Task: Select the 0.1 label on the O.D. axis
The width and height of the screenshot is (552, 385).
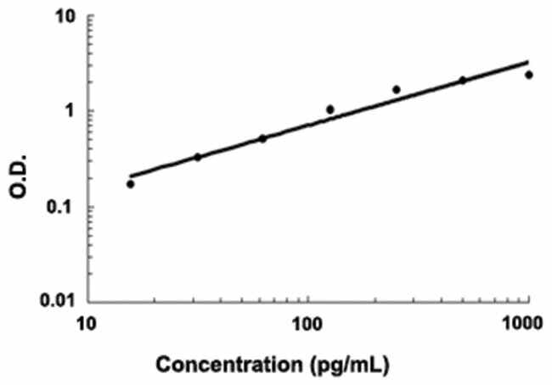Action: click(60, 207)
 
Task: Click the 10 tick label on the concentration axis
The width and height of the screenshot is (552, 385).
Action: click(86, 323)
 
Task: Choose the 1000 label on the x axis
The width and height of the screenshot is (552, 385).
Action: click(524, 323)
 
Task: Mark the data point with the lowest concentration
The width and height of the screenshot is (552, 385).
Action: click(131, 184)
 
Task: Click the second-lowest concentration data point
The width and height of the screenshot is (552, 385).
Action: click(198, 157)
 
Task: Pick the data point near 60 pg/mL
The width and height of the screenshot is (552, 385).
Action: click(262, 138)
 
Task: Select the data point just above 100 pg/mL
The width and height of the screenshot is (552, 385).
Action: click(330, 109)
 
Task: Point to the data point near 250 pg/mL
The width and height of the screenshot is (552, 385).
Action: click(396, 90)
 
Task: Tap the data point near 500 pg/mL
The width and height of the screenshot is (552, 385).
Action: click(463, 81)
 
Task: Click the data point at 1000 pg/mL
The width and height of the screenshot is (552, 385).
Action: click(528, 75)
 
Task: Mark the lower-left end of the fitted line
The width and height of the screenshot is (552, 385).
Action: click(130, 176)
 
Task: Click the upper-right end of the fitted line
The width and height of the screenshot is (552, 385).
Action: click(528, 62)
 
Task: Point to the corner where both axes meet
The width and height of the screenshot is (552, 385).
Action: click(86, 301)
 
